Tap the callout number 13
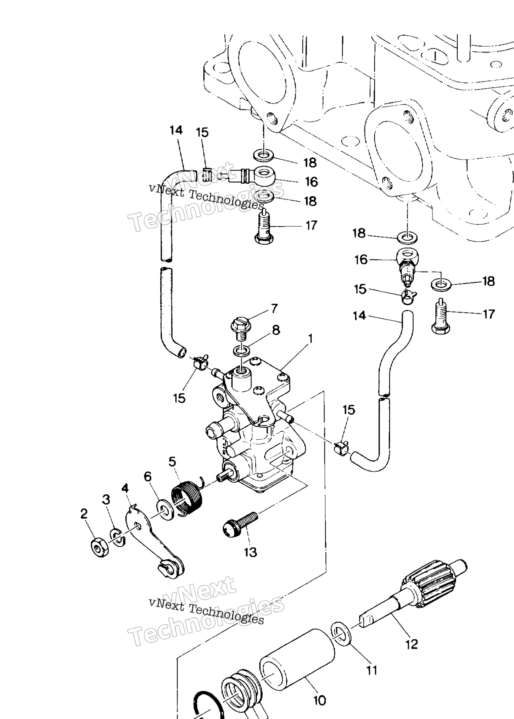tap(251, 552)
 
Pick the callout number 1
tap(310, 339)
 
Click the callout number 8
tap(276, 330)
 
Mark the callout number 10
tap(320, 701)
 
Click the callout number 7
tap(274, 309)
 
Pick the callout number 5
tap(172, 461)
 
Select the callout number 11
tap(372, 670)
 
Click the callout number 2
tap(84, 514)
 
